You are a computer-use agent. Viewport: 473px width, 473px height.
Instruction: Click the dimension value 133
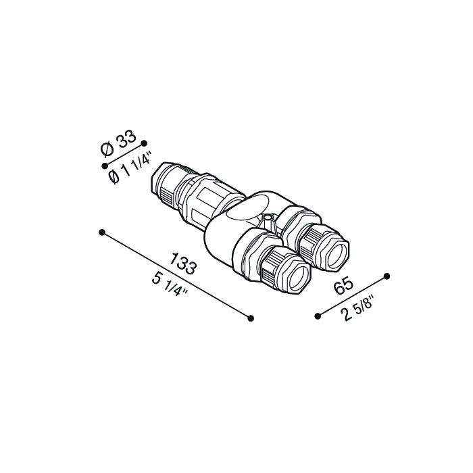(183, 264)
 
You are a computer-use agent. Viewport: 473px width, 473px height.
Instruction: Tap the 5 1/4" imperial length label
(170, 284)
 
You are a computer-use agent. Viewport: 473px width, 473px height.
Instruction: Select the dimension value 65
(343, 286)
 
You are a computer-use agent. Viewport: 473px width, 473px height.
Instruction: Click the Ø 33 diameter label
(118, 144)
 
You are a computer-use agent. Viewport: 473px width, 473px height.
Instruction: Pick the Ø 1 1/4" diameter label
(130, 168)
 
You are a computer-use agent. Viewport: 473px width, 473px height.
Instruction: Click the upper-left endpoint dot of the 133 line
(102, 232)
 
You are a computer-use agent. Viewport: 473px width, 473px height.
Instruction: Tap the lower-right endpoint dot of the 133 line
(251, 318)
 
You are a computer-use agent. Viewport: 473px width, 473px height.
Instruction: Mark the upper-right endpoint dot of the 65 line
(387, 276)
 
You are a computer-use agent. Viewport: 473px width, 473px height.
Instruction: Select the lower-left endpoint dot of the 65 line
(318, 316)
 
